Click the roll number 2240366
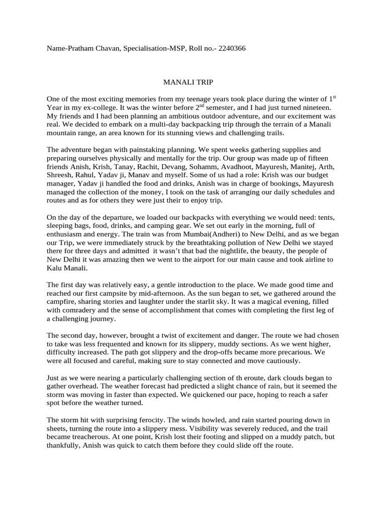pos(229,49)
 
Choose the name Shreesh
pos(60,175)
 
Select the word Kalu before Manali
pos(54,269)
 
